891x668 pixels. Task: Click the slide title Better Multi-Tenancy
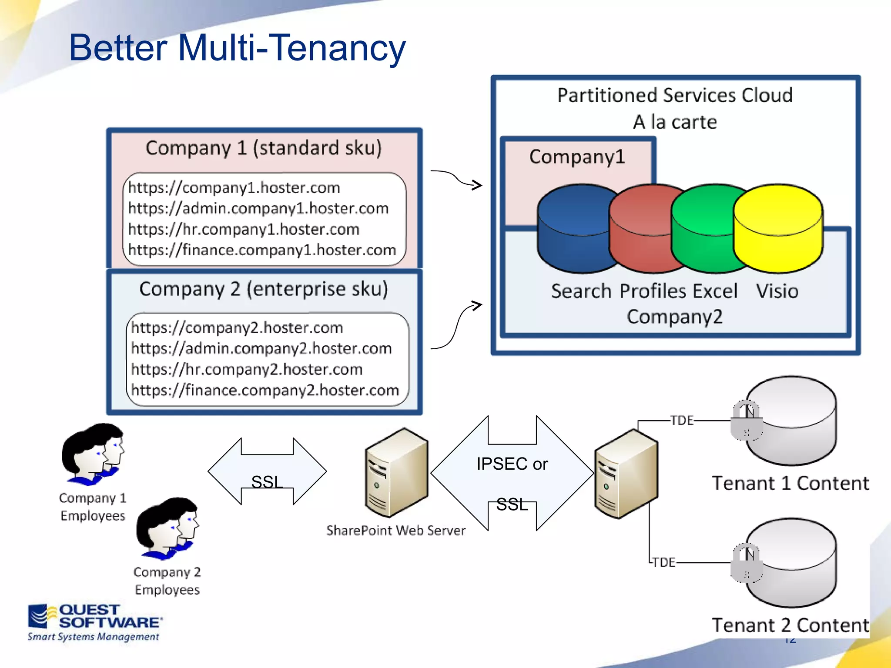point(237,48)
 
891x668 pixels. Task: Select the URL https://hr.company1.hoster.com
point(244,229)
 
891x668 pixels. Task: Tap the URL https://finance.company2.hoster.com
point(265,390)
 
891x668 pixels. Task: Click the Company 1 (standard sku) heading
point(264,148)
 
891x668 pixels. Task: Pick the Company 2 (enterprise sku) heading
point(264,289)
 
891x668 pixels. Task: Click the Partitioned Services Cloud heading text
point(675,95)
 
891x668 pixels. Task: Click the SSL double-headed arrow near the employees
point(267,471)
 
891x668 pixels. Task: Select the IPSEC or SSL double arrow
point(512,473)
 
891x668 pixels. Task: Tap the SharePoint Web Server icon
point(396,473)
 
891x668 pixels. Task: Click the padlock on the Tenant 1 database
point(746,420)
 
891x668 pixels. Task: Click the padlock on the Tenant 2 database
point(746,563)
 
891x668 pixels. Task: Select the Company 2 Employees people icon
point(167,529)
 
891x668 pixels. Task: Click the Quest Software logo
point(94,622)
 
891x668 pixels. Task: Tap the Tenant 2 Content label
point(790,625)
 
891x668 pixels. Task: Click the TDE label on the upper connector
point(682,421)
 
